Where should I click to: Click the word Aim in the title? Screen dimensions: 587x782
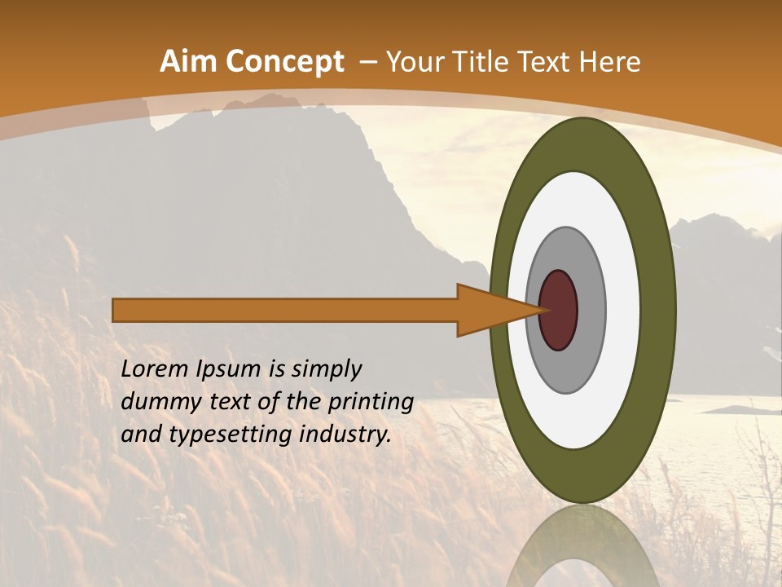click(x=189, y=61)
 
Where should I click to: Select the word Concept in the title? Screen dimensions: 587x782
click(x=285, y=62)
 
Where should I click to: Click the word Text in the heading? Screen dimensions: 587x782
click(x=544, y=61)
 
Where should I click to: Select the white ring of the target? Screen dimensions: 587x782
click(x=623, y=310)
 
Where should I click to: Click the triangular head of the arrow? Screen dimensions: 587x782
click(x=489, y=310)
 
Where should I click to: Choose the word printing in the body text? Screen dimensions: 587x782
click(x=372, y=403)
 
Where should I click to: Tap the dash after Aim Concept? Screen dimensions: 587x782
click(x=367, y=62)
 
